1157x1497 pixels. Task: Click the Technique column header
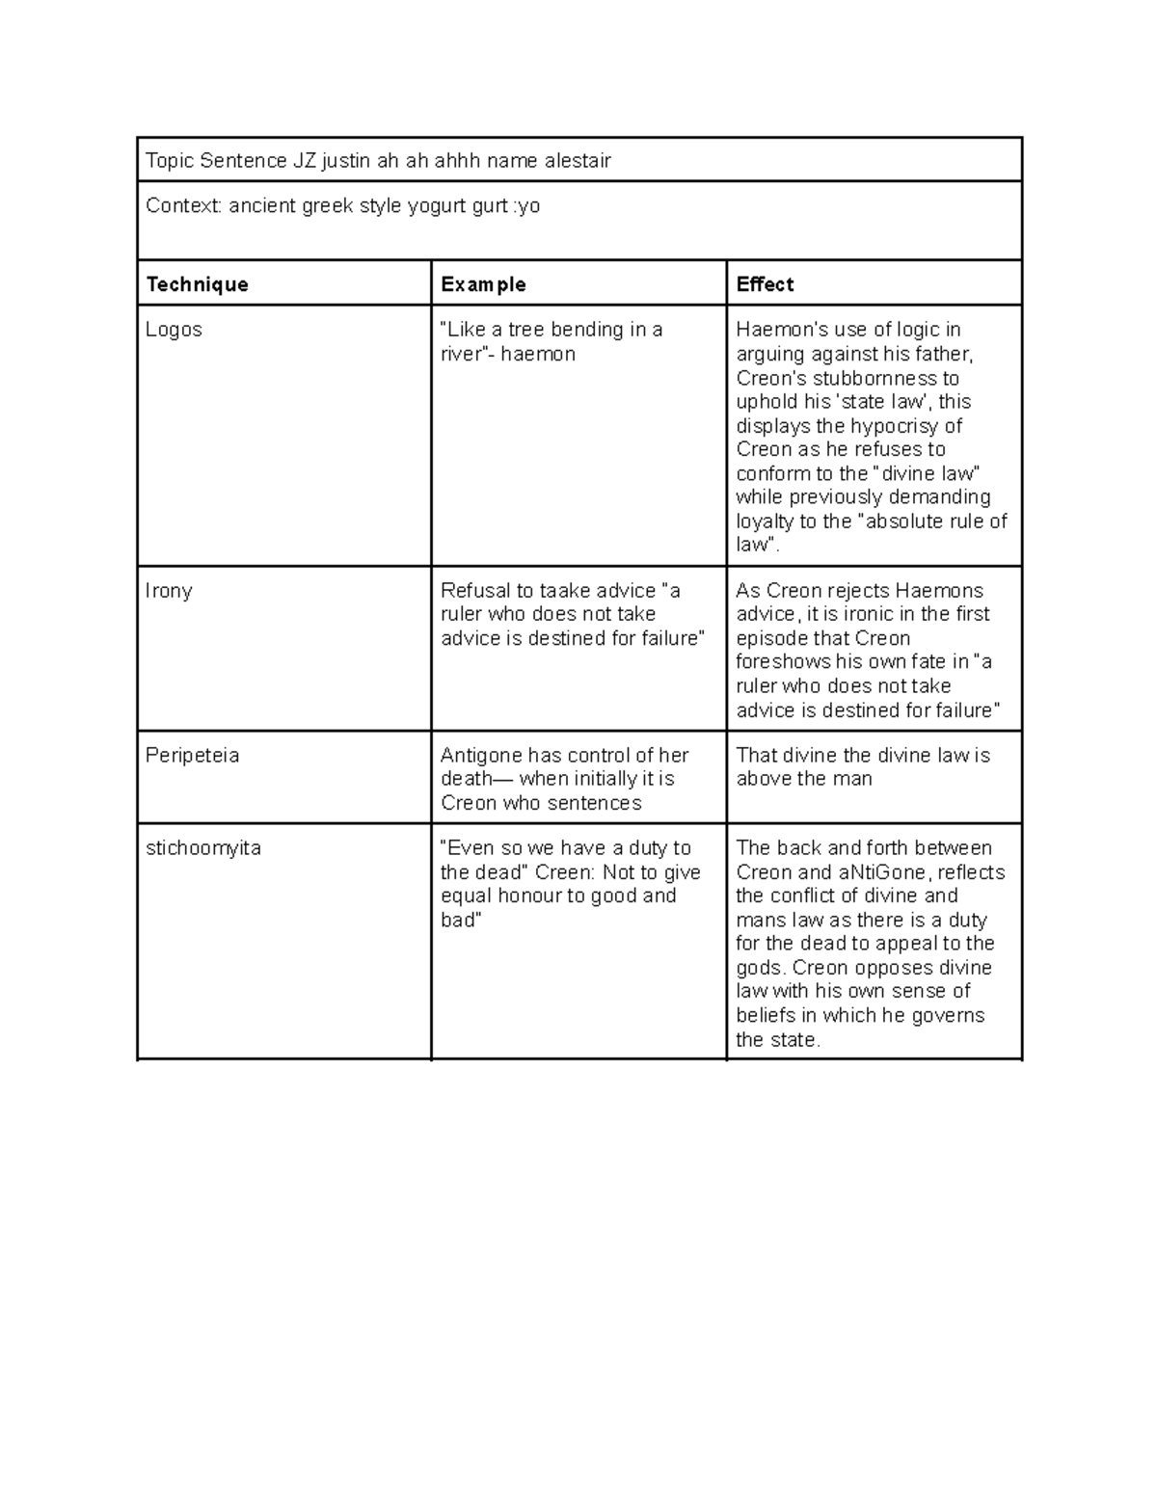pyautogui.click(x=197, y=284)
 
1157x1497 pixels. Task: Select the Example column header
pyautogui.click(x=483, y=284)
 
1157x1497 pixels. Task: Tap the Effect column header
pyautogui.click(x=765, y=284)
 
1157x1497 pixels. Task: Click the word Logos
pyautogui.click(x=174, y=330)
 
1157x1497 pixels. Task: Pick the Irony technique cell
pyautogui.click(x=169, y=591)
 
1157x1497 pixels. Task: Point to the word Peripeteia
pyautogui.click(x=192, y=756)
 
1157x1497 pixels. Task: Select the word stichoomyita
pyautogui.click(x=202, y=848)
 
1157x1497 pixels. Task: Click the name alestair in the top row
pyautogui.click(x=577, y=161)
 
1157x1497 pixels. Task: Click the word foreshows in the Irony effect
pyautogui.click(x=783, y=662)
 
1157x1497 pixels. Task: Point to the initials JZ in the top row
pyautogui.click(x=305, y=161)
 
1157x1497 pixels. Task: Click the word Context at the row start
pyautogui.click(x=183, y=206)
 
